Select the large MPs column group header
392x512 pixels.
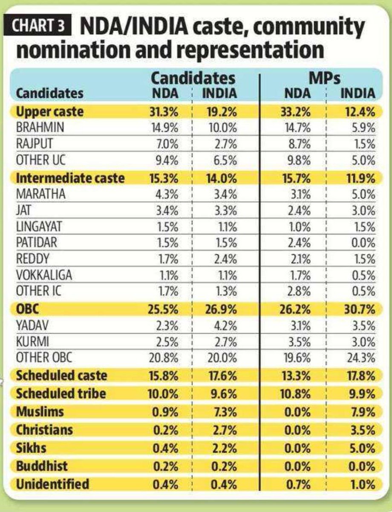(327, 78)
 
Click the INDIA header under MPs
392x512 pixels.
(357, 93)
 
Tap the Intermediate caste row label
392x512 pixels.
(70, 178)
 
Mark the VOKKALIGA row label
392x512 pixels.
(44, 276)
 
